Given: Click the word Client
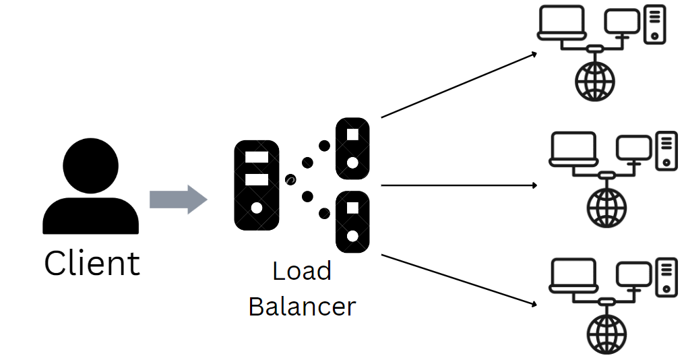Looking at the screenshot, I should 92,263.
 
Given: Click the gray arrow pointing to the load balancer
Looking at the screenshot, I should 177,199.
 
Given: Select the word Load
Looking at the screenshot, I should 302,271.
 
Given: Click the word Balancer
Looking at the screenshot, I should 302,307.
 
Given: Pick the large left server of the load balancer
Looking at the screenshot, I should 256,185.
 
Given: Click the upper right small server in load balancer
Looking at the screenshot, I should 352,148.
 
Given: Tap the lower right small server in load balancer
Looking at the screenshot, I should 352,222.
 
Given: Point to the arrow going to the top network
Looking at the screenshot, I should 458,85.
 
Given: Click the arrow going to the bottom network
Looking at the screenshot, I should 458,280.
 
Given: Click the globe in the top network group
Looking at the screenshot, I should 595,82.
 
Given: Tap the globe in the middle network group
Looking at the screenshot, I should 607,207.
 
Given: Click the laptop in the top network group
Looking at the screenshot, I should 561,23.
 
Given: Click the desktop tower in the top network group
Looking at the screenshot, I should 655,24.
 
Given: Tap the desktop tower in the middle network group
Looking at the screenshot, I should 666,150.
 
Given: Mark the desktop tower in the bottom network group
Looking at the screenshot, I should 666,276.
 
